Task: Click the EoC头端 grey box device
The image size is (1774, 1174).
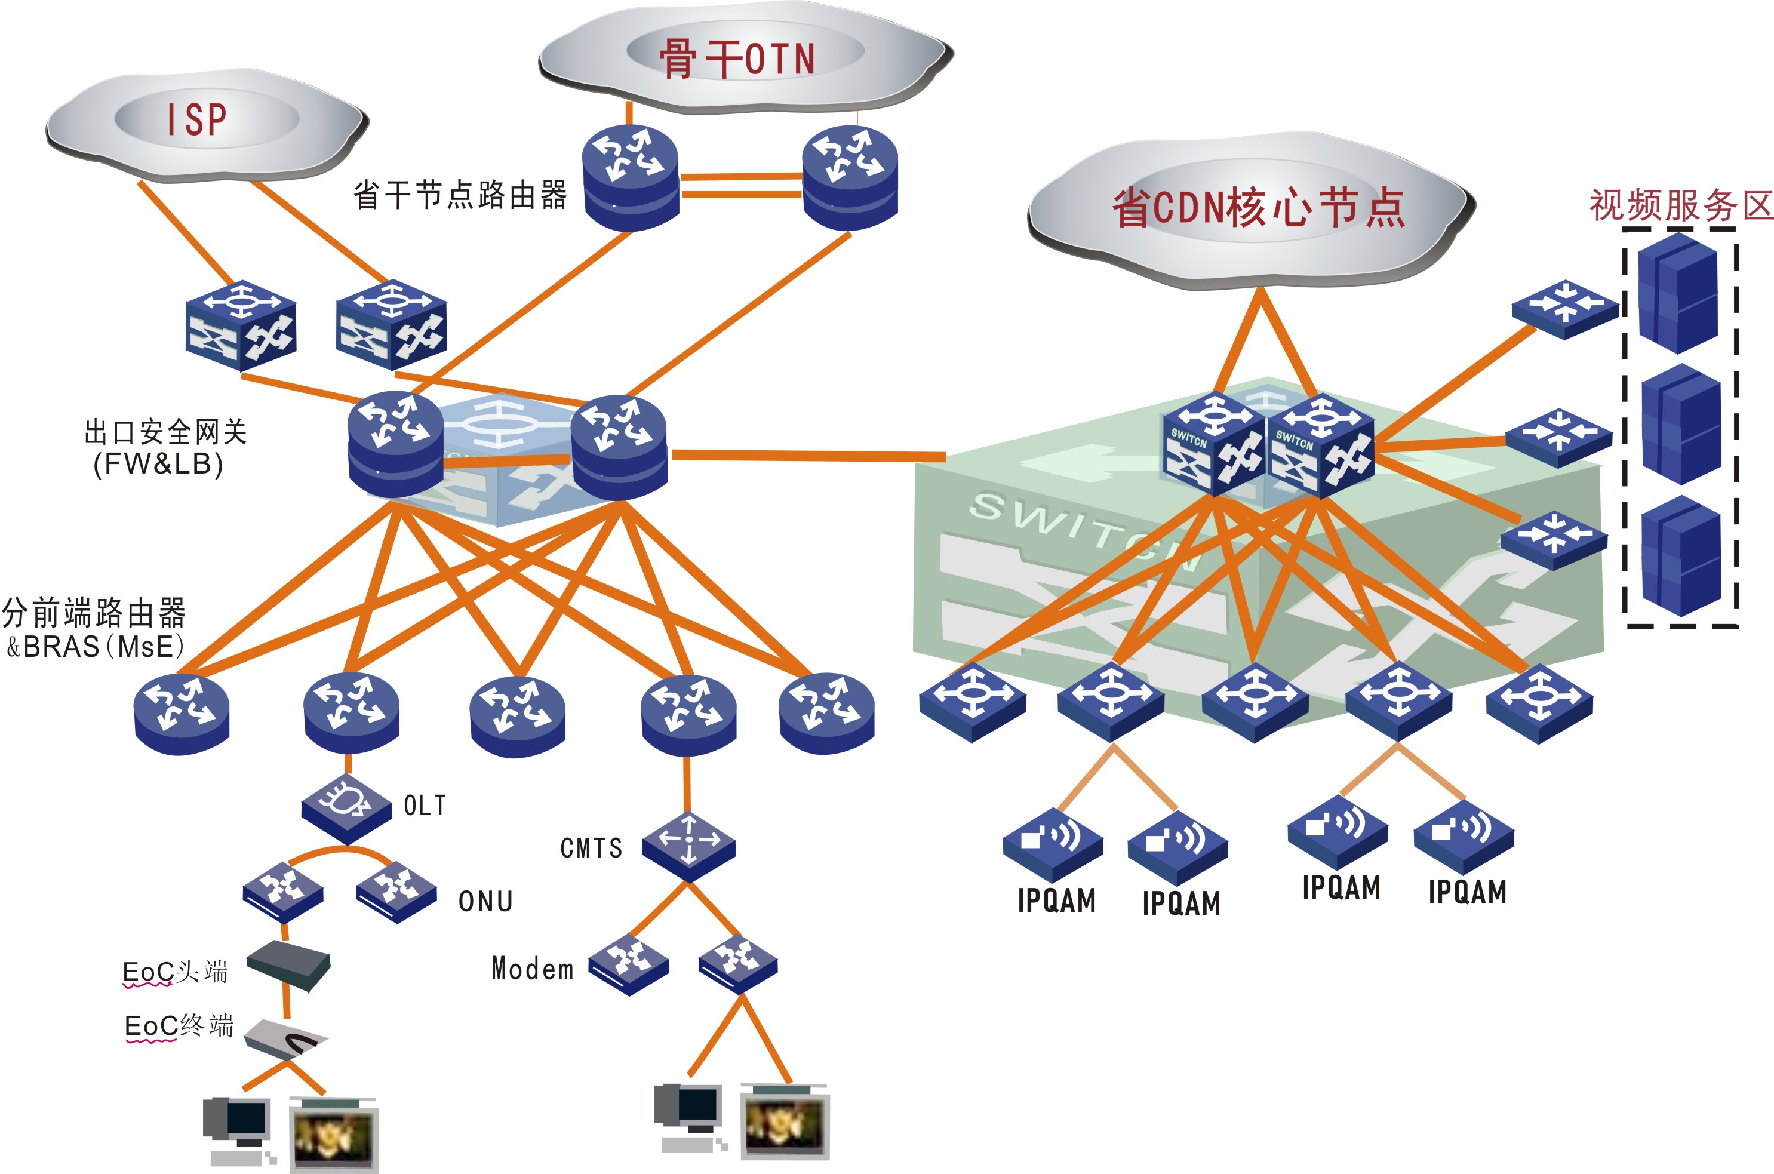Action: tap(289, 965)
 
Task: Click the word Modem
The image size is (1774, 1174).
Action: tap(532, 969)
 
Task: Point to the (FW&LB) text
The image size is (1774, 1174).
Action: tap(158, 464)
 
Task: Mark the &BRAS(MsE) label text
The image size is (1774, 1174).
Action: tap(95, 646)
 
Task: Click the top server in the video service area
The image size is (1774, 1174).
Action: tap(1677, 294)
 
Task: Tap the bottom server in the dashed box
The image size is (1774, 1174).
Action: tap(1680, 557)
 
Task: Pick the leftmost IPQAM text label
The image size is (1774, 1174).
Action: tap(1056, 900)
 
